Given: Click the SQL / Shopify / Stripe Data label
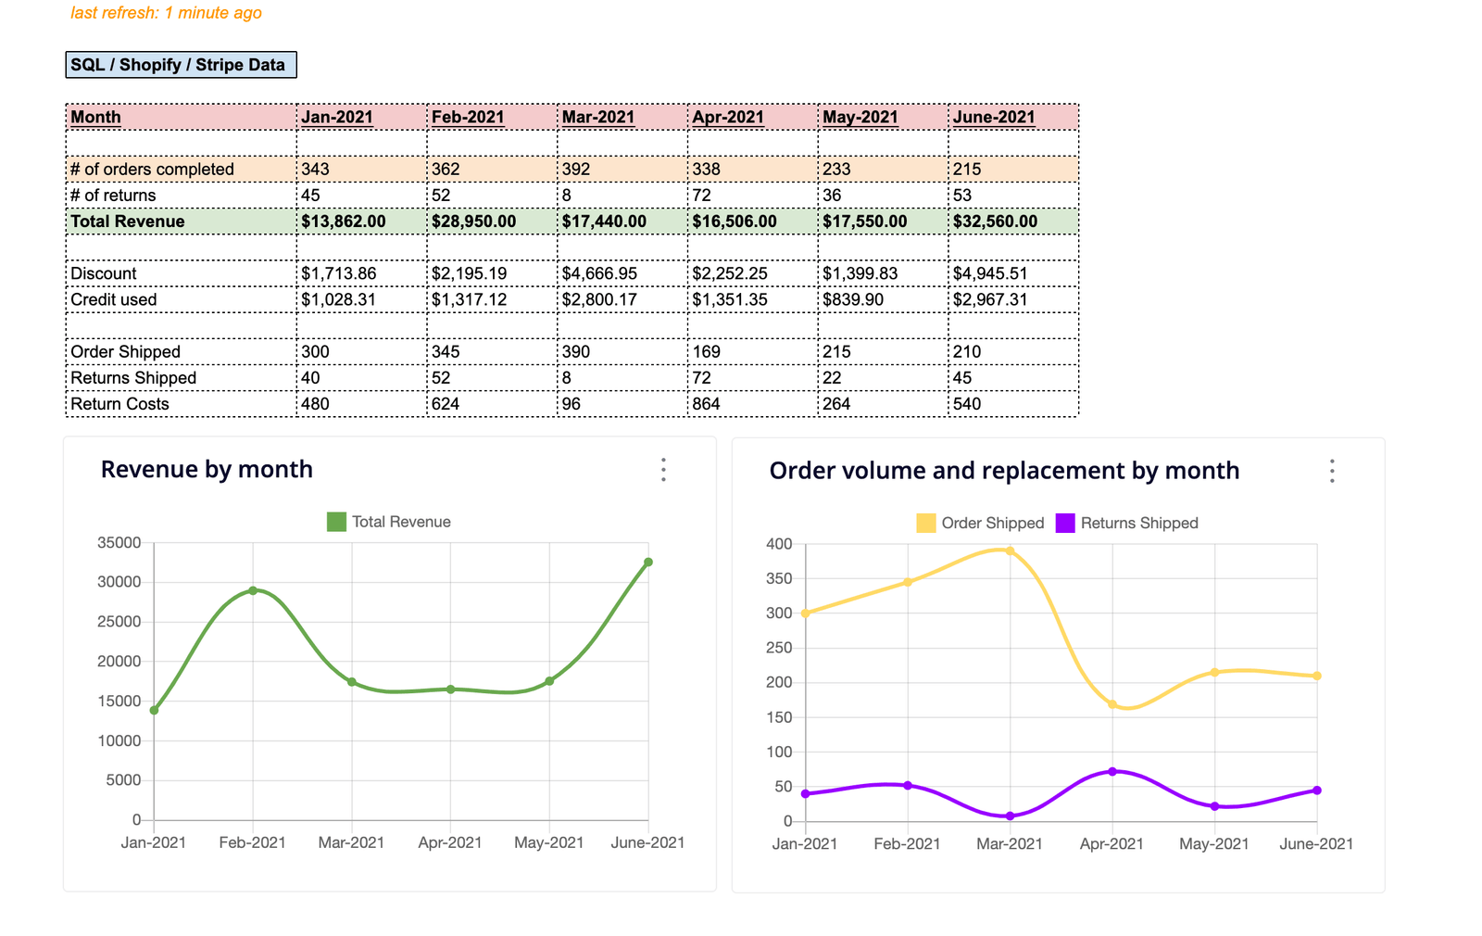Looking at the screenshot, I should point(181,65).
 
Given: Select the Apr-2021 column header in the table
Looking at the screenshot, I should point(728,117).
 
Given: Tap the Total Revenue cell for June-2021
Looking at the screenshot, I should point(995,221).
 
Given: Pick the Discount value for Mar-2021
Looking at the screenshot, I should point(599,273).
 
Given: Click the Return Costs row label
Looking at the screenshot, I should point(120,404).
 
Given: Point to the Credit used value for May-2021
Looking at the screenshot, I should point(853,299).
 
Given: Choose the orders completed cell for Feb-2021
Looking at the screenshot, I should point(446,170).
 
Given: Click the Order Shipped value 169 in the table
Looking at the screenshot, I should point(707,352).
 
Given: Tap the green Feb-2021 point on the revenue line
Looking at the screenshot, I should point(253,590).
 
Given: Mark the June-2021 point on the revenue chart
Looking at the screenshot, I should point(648,563).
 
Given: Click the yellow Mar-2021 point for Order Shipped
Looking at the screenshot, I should point(1010,550).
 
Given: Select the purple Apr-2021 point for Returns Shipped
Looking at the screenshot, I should point(1112,771).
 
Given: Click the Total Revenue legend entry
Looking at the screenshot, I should point(389,522).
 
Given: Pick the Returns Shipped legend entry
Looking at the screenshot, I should point(1127,524).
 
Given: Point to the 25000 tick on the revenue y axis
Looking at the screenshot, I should point(119,622).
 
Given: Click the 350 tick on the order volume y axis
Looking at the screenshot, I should point(779,579).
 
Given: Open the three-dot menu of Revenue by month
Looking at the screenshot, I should point(663,470).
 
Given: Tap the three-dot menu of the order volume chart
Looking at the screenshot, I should point(1332,471).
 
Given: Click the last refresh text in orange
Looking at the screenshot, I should point(167,13).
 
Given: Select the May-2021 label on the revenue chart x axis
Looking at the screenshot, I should point(549,842).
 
